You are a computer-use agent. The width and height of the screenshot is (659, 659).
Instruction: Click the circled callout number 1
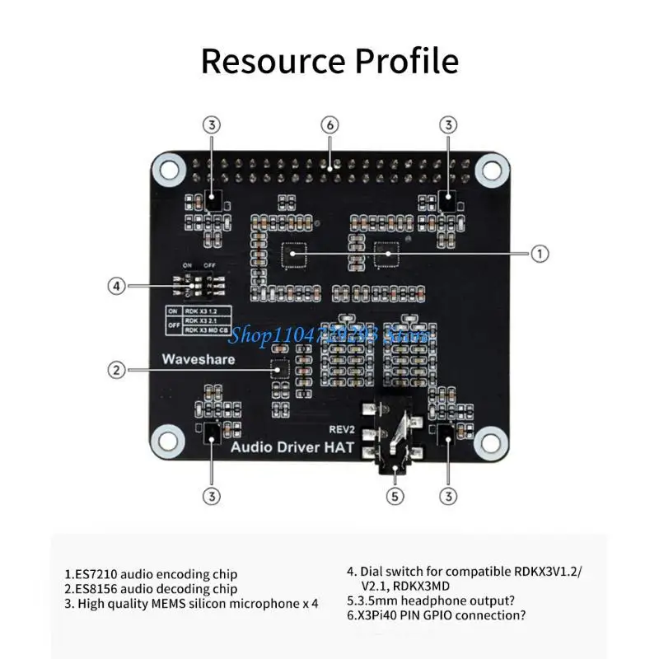539,254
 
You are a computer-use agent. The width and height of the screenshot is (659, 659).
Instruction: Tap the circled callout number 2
118,370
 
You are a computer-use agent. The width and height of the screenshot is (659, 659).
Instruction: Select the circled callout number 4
118,286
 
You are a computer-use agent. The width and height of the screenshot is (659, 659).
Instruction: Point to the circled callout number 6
329,125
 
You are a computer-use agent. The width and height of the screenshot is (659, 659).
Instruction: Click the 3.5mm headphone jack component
395,441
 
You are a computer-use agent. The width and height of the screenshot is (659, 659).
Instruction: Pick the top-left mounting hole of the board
169,171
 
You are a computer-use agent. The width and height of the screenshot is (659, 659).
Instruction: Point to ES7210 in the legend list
96,574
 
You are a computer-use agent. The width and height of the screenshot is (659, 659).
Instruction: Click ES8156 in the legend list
96,589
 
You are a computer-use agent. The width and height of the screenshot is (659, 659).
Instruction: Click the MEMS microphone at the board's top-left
213,199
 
